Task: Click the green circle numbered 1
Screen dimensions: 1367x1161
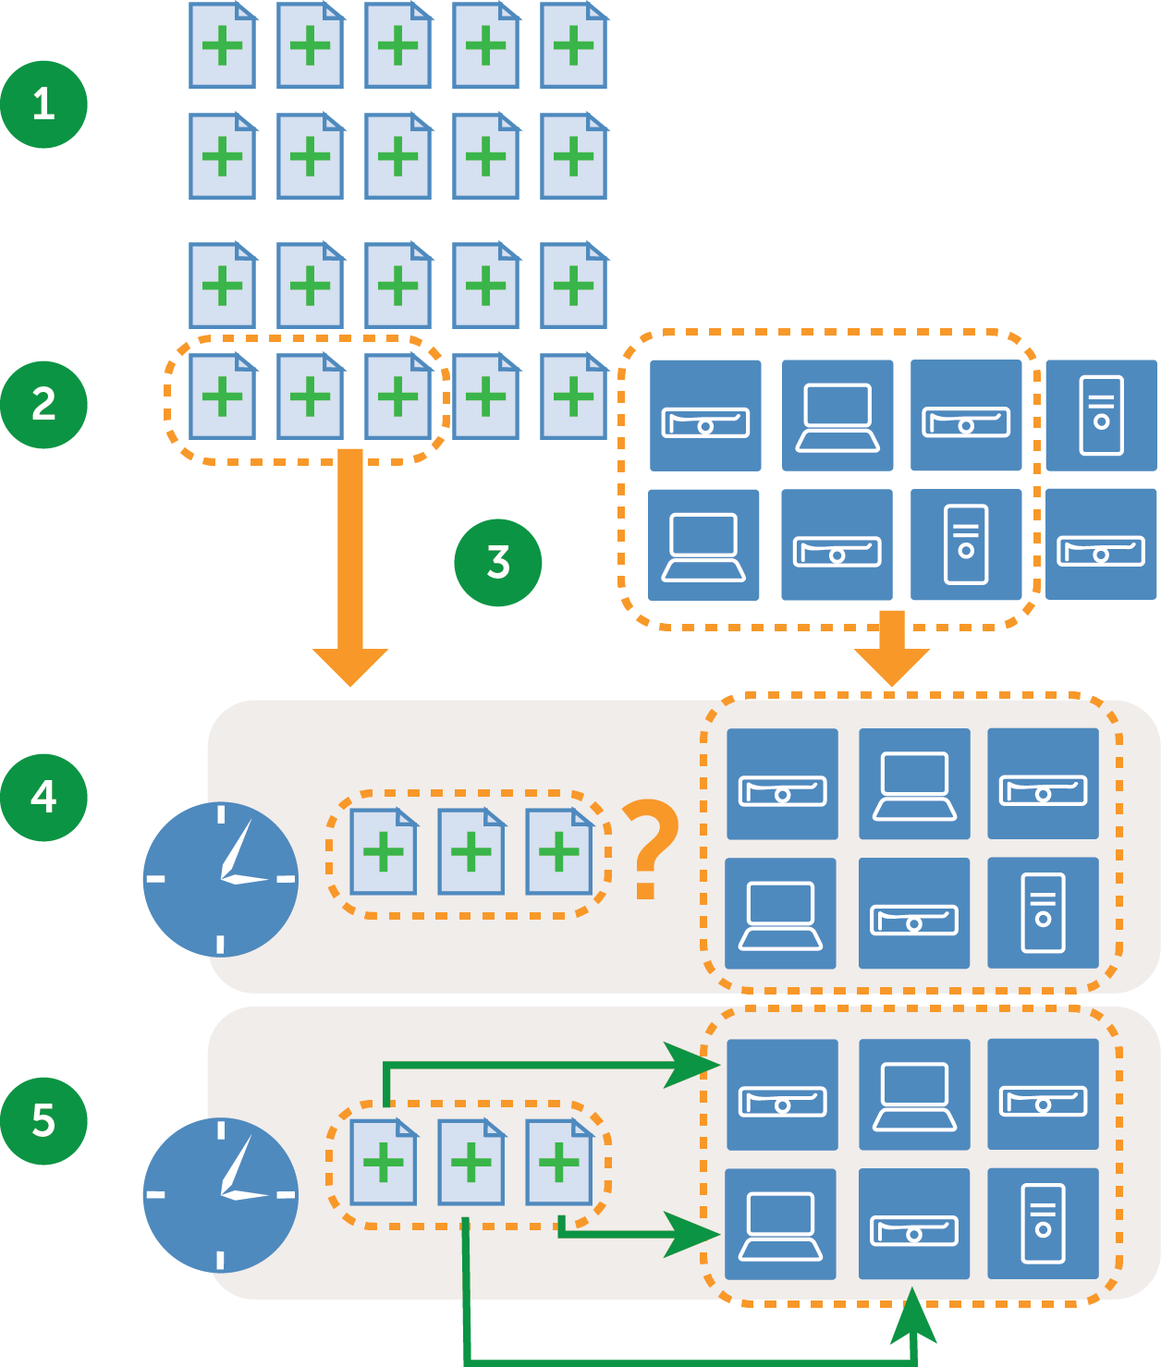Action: pos(43,104)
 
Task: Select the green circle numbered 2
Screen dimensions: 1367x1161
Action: pos(43,405)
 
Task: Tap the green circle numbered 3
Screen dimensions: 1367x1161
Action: pos(497,562)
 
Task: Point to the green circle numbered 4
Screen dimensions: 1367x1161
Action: pos(43,797)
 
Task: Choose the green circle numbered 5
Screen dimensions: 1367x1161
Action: pos(43,1120)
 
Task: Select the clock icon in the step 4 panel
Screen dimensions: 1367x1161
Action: pos(220,879)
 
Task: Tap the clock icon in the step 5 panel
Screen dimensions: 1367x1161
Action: pos(220,1194)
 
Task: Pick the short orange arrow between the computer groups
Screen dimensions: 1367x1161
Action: pos(891,648)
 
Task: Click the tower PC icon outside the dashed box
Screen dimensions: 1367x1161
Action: pos(1101,415)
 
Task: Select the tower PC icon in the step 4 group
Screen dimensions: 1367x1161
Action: pos(1043,913)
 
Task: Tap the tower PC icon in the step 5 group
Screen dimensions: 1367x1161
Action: pos(1043,1224)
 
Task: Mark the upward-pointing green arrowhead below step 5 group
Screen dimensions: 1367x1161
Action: pos(913,1316)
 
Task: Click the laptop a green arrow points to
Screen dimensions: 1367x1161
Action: pos(780,1224)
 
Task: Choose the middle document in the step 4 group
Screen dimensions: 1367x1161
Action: pos(471,851)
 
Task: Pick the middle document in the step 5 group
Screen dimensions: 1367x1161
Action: pos(471,1162)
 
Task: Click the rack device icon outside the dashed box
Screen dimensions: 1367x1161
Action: pos(1101,544)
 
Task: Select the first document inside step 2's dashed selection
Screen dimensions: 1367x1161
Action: pos(222,397)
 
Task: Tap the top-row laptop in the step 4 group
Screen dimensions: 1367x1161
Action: pos(914,784)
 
